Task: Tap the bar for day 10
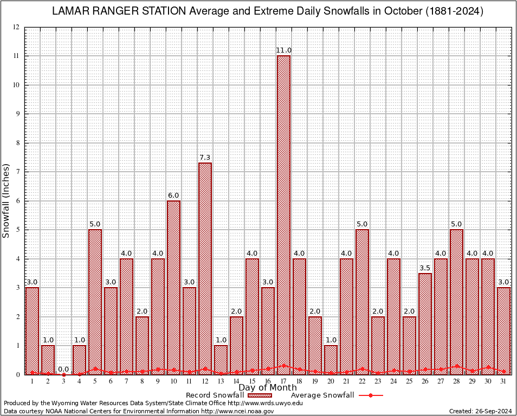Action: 173,288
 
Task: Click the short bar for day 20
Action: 331,360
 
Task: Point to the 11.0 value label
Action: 283,50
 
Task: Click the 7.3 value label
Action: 205,158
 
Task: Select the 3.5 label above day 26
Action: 425,268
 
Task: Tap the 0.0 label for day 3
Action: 63,369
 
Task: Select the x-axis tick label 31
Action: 503,381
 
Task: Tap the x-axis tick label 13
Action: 221,381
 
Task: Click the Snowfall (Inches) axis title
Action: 7,200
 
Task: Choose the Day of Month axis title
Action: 267,388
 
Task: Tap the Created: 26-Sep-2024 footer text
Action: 480,412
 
